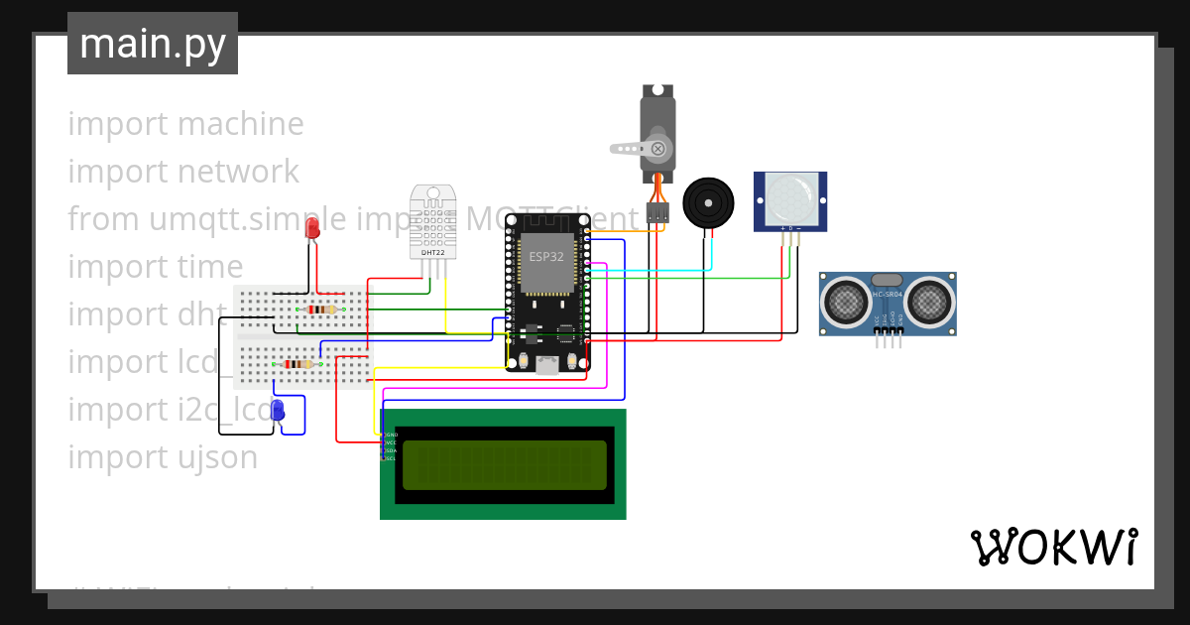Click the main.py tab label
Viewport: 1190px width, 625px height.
[x=152, y=44]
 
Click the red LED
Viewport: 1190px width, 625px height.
[x=312, y=229]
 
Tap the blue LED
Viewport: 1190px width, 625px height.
[x=279, y=409]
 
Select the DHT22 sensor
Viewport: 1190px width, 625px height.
[x=433, y=222]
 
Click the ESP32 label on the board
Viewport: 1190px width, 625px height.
[x=545, y=256]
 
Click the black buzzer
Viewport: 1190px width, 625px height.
[x=709, y=203]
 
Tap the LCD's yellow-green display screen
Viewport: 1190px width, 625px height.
[x=504, y=464]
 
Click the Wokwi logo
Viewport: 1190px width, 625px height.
[x=1053, y=547]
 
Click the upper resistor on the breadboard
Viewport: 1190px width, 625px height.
[x=320, y=310]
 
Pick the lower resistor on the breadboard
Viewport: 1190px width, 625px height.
[x=297, y=364]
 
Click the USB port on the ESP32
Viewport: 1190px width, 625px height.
[x=546, y=364]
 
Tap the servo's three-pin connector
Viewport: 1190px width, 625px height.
[x=657, y=212]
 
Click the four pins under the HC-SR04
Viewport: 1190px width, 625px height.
[x=889, y=339]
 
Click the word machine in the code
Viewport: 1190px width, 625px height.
[x=241, y=124]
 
